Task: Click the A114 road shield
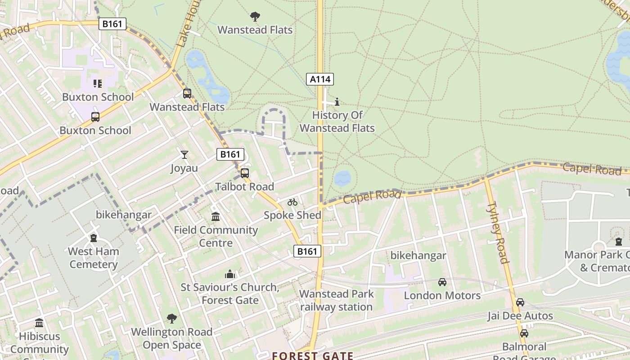320,80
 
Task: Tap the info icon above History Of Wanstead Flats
337,102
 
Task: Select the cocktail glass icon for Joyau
184,155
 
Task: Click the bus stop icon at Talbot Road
244,173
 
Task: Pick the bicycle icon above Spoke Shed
292,202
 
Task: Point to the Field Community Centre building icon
216,217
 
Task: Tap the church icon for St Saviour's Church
230,274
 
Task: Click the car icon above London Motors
442,282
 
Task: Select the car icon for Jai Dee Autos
520,302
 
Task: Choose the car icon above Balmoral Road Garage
524,334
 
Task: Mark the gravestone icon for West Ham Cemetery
94,238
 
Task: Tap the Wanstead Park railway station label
336,301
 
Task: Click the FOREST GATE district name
312,355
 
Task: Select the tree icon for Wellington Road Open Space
171,319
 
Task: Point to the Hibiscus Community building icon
39,323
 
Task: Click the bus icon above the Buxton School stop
95,117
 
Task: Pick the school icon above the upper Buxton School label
98,83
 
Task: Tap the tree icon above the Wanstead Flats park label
255,17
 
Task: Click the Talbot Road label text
244,186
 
